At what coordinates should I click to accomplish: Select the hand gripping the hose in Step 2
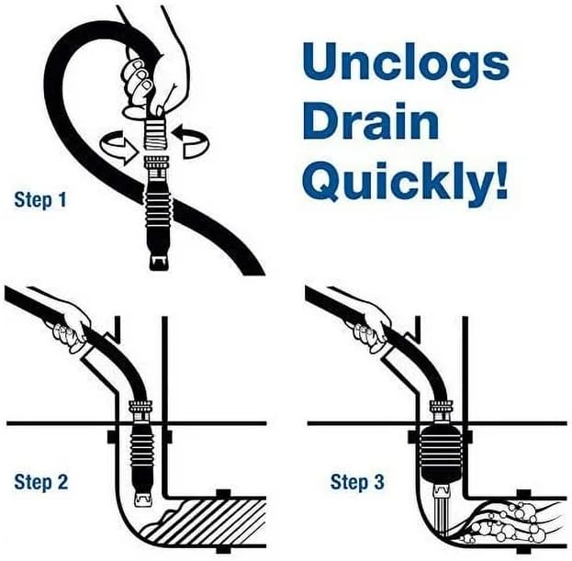(x=72, y=325)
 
